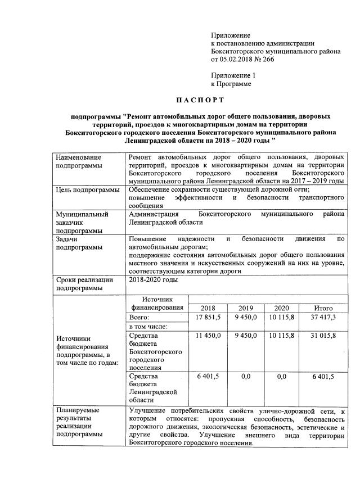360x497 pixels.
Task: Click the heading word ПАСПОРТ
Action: (200, 100)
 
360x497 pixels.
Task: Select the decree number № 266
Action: (263, 59)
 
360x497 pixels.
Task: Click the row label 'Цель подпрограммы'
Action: (88, 190)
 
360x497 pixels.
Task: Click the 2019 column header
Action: (246, 308)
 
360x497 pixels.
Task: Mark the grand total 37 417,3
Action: (323, 318)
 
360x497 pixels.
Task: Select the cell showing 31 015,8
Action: (323, 336)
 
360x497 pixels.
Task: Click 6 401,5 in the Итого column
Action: (323, 376)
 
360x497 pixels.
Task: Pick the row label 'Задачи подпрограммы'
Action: (78, 243)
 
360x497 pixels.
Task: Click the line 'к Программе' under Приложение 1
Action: (231, 83)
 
